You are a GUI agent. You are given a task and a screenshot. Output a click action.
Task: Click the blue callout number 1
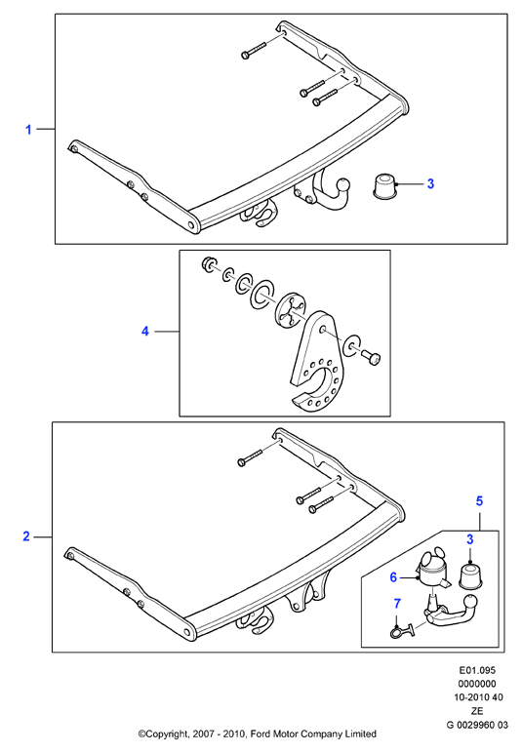(x=28, y=130)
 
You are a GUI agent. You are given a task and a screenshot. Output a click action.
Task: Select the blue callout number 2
(x=26, y=536)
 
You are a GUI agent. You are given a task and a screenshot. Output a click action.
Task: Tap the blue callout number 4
(x=145, y=331)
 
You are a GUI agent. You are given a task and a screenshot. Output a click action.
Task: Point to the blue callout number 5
(x=479, y=501)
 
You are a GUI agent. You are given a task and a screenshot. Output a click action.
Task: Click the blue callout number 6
(x=393, y=576)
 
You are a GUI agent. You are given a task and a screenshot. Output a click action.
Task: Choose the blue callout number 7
(x=397, y=603)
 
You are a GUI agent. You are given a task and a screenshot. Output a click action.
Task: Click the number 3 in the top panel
(x=430, y=183)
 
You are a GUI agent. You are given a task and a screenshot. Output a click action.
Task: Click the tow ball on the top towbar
(x=344, y=185)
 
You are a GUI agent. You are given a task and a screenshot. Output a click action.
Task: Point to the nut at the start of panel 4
(x=209, y=264)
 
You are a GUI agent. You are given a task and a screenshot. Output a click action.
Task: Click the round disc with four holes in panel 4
(x=291, y=314)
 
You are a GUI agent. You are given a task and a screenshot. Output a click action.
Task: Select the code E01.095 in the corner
(x=477, y=670)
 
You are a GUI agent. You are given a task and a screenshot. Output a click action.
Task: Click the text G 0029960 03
(x=477, y=725)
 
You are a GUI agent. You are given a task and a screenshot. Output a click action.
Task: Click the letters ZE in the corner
(x=477, y=711)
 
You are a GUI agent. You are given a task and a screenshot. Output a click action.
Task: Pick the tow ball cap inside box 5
(x=470, y=575)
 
